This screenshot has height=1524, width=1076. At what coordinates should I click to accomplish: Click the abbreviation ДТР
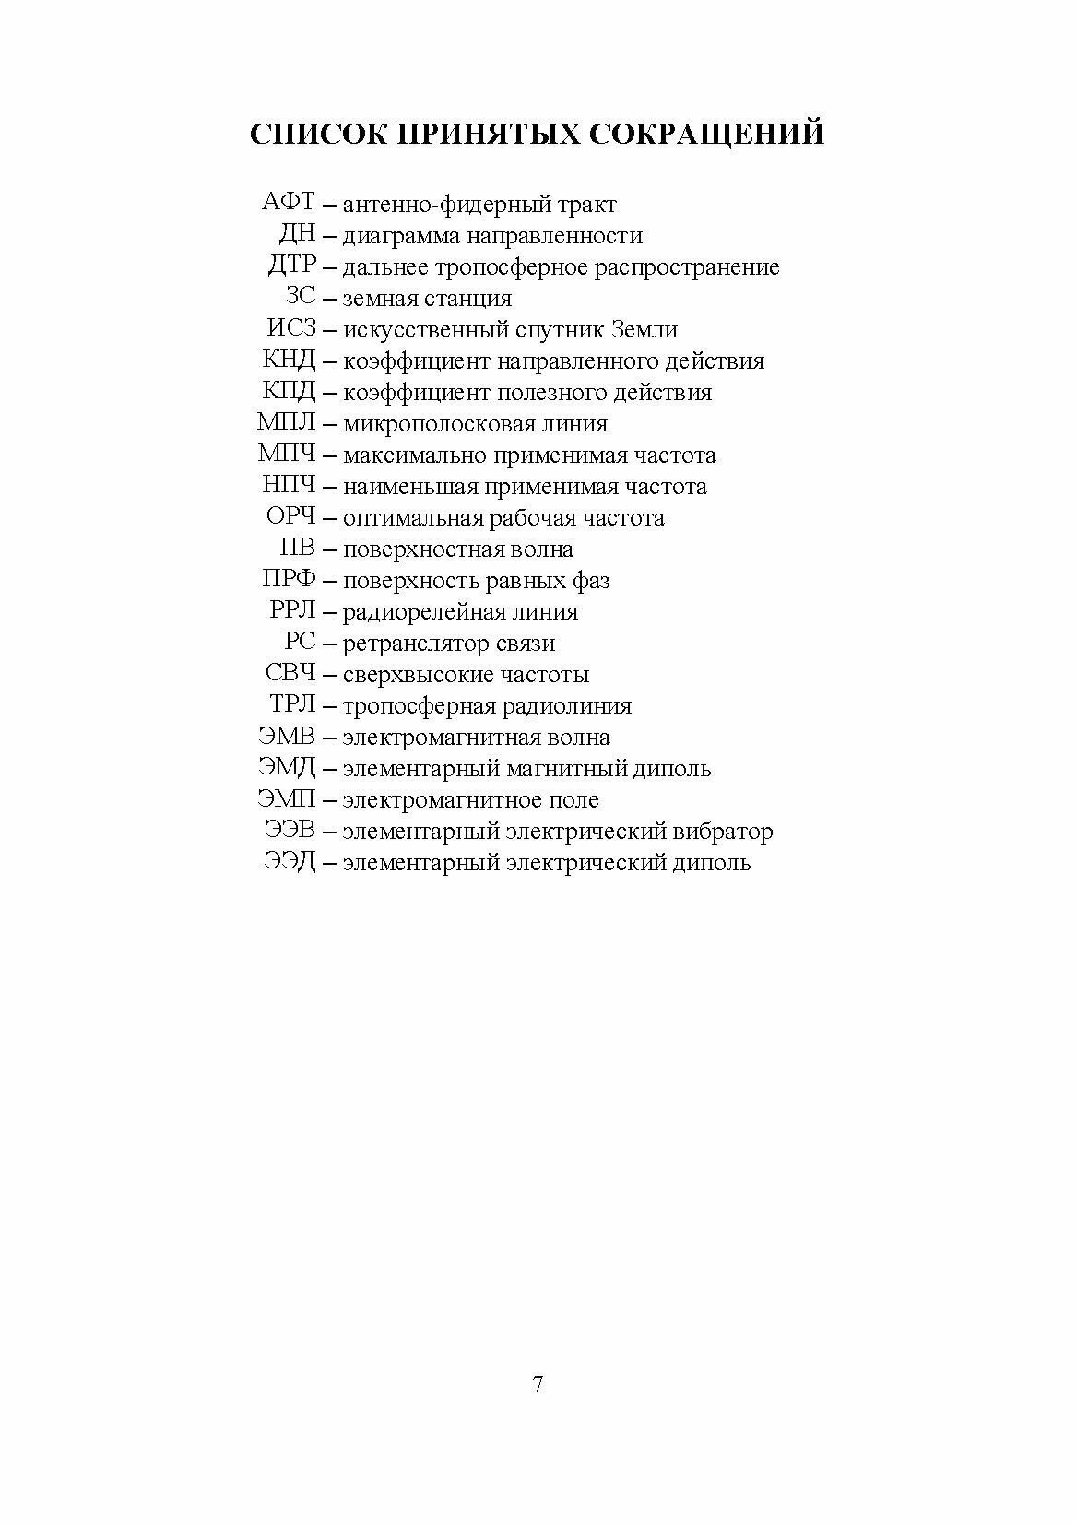(x=291, y=266)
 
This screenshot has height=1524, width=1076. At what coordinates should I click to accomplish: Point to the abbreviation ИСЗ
(x=291, y=328)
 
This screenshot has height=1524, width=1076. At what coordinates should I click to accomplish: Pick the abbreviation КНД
(x=289, y=360)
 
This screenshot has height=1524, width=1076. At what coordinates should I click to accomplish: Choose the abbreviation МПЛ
(x=287, y=422)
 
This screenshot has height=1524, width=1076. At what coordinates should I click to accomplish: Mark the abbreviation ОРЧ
(x=290, y=516)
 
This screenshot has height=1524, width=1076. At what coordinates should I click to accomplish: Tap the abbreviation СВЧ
(x=290, y=673)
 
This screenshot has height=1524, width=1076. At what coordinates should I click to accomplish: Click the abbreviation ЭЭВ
(x=290, y=830)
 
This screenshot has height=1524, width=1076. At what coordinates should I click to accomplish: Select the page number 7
(x=538, y=1385)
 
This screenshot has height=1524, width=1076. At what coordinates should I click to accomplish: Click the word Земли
(x=644, y=329)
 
